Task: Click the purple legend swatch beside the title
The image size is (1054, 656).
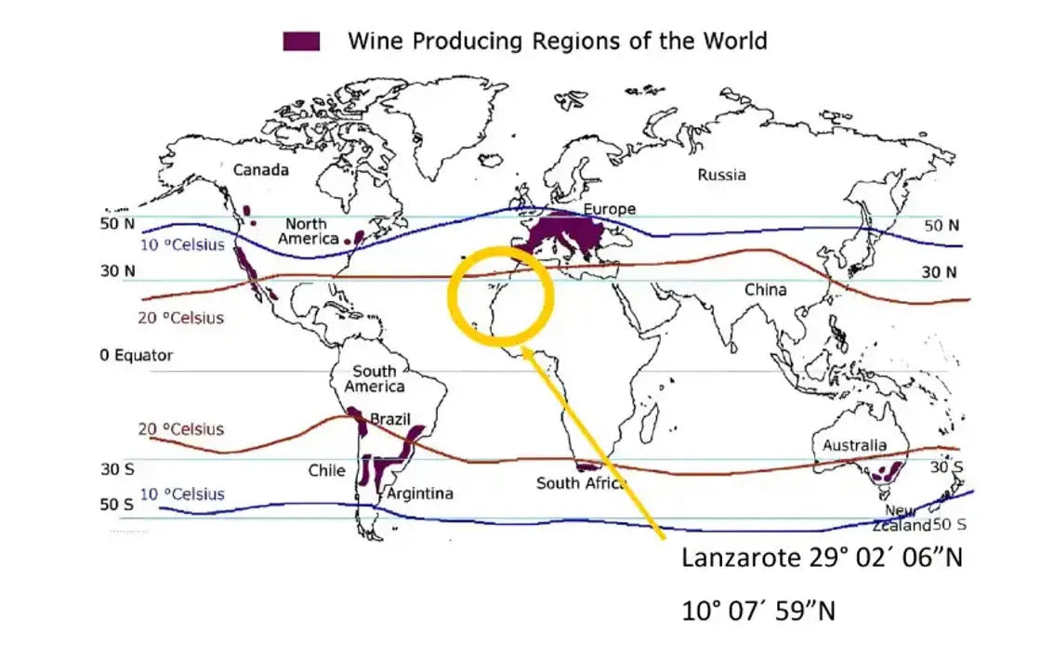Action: click(x=301, y=41)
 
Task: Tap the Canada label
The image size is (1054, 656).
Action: click(x=260, y=170)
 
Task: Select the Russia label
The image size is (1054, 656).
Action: click(x=721, y=175)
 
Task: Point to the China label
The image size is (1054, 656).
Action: click(x=765, y=290)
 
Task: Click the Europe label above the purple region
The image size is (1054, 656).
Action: click(x=609, y=209)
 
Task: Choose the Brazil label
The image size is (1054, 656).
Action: click(x=390, y=420)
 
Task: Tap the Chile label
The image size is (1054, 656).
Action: click(x=326, y=471)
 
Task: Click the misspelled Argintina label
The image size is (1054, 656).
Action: click(x=420, y=493)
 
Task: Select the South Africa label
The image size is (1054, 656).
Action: click(x=581, y=483)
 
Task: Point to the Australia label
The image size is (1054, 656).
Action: click(x=854, y=446)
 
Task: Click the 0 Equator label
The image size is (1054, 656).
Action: click(x=137, y=356)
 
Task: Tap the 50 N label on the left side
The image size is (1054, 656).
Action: click(x=118, y=225)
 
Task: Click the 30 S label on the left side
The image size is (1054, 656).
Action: click(x=117, y=469)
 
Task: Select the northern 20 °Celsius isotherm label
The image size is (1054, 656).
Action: click(x=181, y=318)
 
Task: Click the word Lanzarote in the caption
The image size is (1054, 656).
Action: click(x=741, y=558)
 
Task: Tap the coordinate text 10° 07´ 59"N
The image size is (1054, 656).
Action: click(x=758, y=611)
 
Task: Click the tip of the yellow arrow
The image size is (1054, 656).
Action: click(x=526, y=348)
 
